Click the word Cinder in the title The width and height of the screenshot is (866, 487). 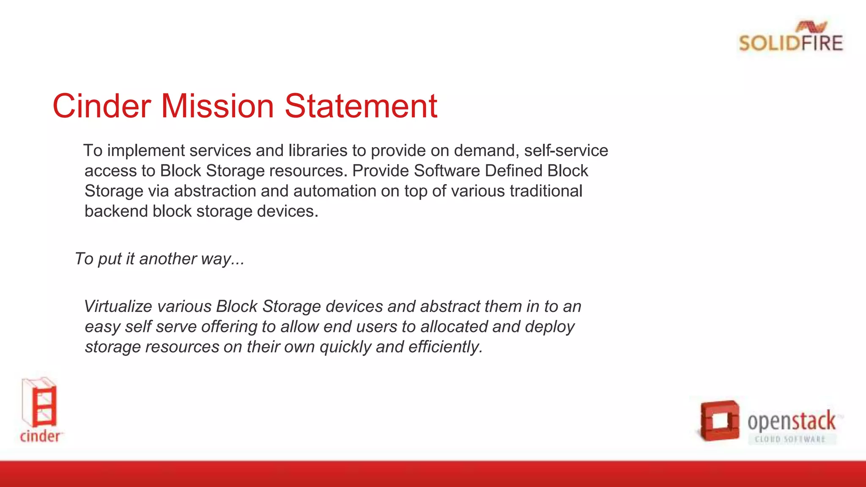(101, 106)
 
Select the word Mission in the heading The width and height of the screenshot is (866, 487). (217, 106)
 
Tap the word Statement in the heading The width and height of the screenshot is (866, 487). (361, 106)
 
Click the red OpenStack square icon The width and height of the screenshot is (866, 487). (719, 421)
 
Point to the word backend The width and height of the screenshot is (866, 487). (116, 211)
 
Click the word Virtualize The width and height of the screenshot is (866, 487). (118, 306)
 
